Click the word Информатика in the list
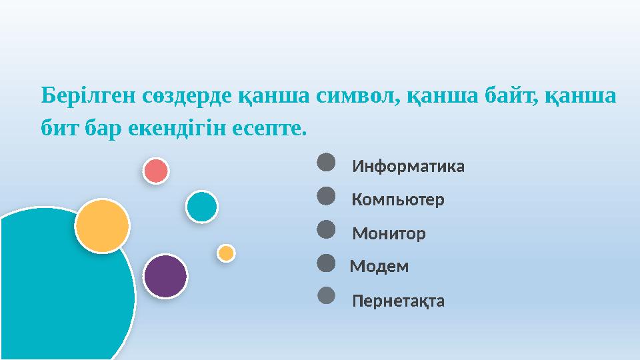point(408,166)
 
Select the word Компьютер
point(398,200)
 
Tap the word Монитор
point(389,234)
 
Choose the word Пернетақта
point(398,301)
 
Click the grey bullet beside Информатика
point(325,161)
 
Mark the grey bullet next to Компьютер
point(325,195)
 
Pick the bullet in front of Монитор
point(325,229)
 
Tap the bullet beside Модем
point(325,263)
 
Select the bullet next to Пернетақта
point(325,295)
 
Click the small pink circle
point(156,171)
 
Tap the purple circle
point(165,276)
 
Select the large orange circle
point(102,226)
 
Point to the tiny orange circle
point(226,253)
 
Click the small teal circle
point(201,207)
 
